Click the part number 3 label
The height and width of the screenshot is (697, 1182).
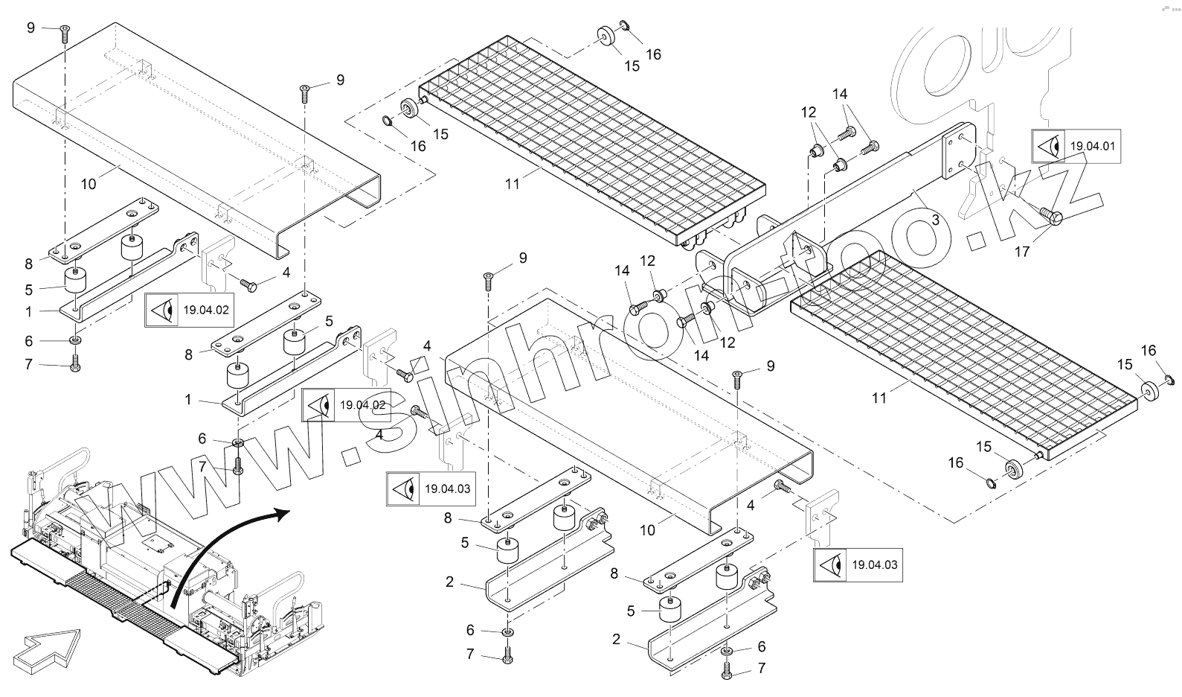pyautogui.click(x=935, y=220)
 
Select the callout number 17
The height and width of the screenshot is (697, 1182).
pyautogui.click(x=1022, y=252)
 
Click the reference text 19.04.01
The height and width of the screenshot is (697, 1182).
pyautogui.click(x=1093, y=147)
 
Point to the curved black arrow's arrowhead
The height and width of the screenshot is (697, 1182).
pyautogui.click(x=280, y=514)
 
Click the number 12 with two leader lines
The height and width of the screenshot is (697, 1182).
pyautogui.click(x=809, y=112)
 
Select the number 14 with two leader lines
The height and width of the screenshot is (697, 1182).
pyautogui.click(x=840, y=95)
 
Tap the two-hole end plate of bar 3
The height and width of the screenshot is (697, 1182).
pyautogui.click(x=959, y=155)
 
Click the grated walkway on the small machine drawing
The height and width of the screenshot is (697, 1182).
pyautogui.click(x=112, y=596)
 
